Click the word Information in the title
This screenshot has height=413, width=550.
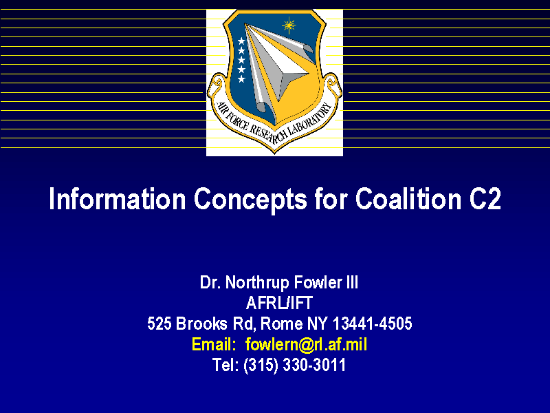pos(117,199)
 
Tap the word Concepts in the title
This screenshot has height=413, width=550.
pos(250,200)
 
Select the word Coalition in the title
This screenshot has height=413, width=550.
pos(408,199)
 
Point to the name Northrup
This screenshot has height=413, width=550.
pos(257,283)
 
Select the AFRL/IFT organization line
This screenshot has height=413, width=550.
pos(279,303)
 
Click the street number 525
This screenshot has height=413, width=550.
pos(159,324)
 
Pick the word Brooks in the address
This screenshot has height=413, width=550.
pos(201,324)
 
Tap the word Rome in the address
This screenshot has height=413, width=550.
pos(281,324)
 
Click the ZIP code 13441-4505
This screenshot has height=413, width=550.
pos(372,324)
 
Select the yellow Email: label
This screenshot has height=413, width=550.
pos(214,344)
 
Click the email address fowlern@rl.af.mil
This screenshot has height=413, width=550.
pos(306,344)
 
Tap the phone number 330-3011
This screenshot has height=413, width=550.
pos(314,365)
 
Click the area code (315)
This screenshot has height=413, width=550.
pos(261,366)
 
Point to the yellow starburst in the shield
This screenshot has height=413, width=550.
pos(289,25)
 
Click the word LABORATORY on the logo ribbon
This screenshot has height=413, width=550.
pos(309,121)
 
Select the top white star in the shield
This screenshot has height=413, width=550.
pos(241,41)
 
